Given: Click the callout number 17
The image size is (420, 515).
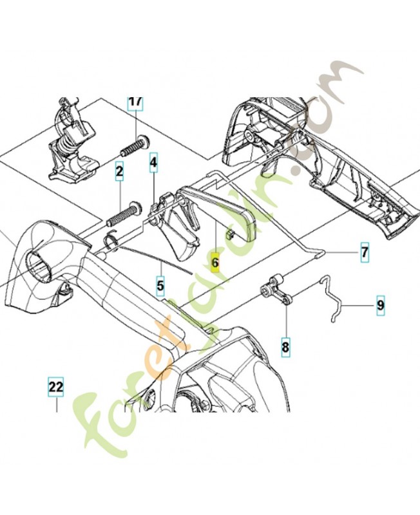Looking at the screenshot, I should pyautogui.click(x=135, y=102).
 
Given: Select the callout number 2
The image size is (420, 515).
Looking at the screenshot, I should pyautogui.click(x=119, y=172).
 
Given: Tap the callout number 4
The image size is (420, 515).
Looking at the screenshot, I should pyautogui.click(x=153, y=164).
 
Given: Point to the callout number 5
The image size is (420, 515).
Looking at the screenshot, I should pyautogui.click(x=160, y=283).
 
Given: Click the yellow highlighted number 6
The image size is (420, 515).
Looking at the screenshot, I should pyautogui.click(x=215, y=263).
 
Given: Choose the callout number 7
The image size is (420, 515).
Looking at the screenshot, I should pyautogui.click(x=364, y=252).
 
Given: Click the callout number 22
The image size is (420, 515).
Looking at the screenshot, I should pyautogui.click(x=56, y=387).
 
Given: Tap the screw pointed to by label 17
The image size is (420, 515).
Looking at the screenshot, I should pyautogui.click(x=133, y=145).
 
